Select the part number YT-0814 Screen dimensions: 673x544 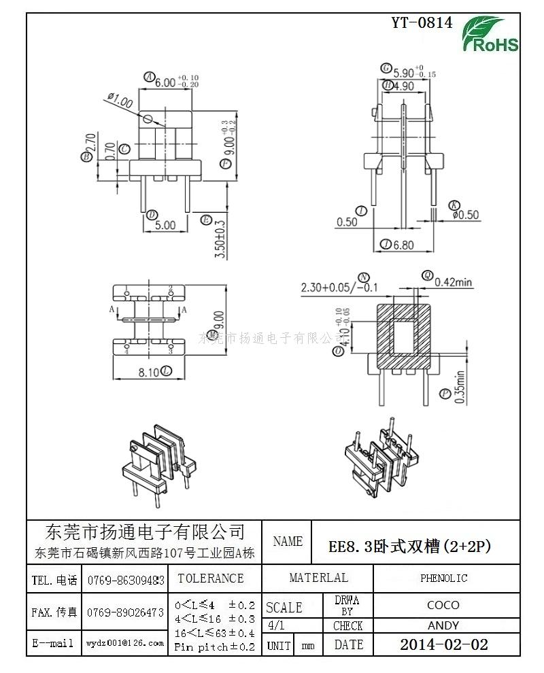tap(421, 22)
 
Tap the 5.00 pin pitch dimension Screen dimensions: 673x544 tap(165, 226)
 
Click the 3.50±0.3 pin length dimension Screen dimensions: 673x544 tap(219, 237)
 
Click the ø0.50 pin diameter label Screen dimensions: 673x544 tap(465, 215)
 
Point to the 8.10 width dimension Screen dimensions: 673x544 tap(149, 373)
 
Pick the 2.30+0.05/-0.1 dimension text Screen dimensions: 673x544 tap(339, 288)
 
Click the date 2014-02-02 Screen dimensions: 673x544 tap(443, 644)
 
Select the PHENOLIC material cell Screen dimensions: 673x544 tap(443, 579)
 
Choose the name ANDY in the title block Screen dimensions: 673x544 tap(443, 625)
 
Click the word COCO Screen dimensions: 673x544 tap(443, 604)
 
